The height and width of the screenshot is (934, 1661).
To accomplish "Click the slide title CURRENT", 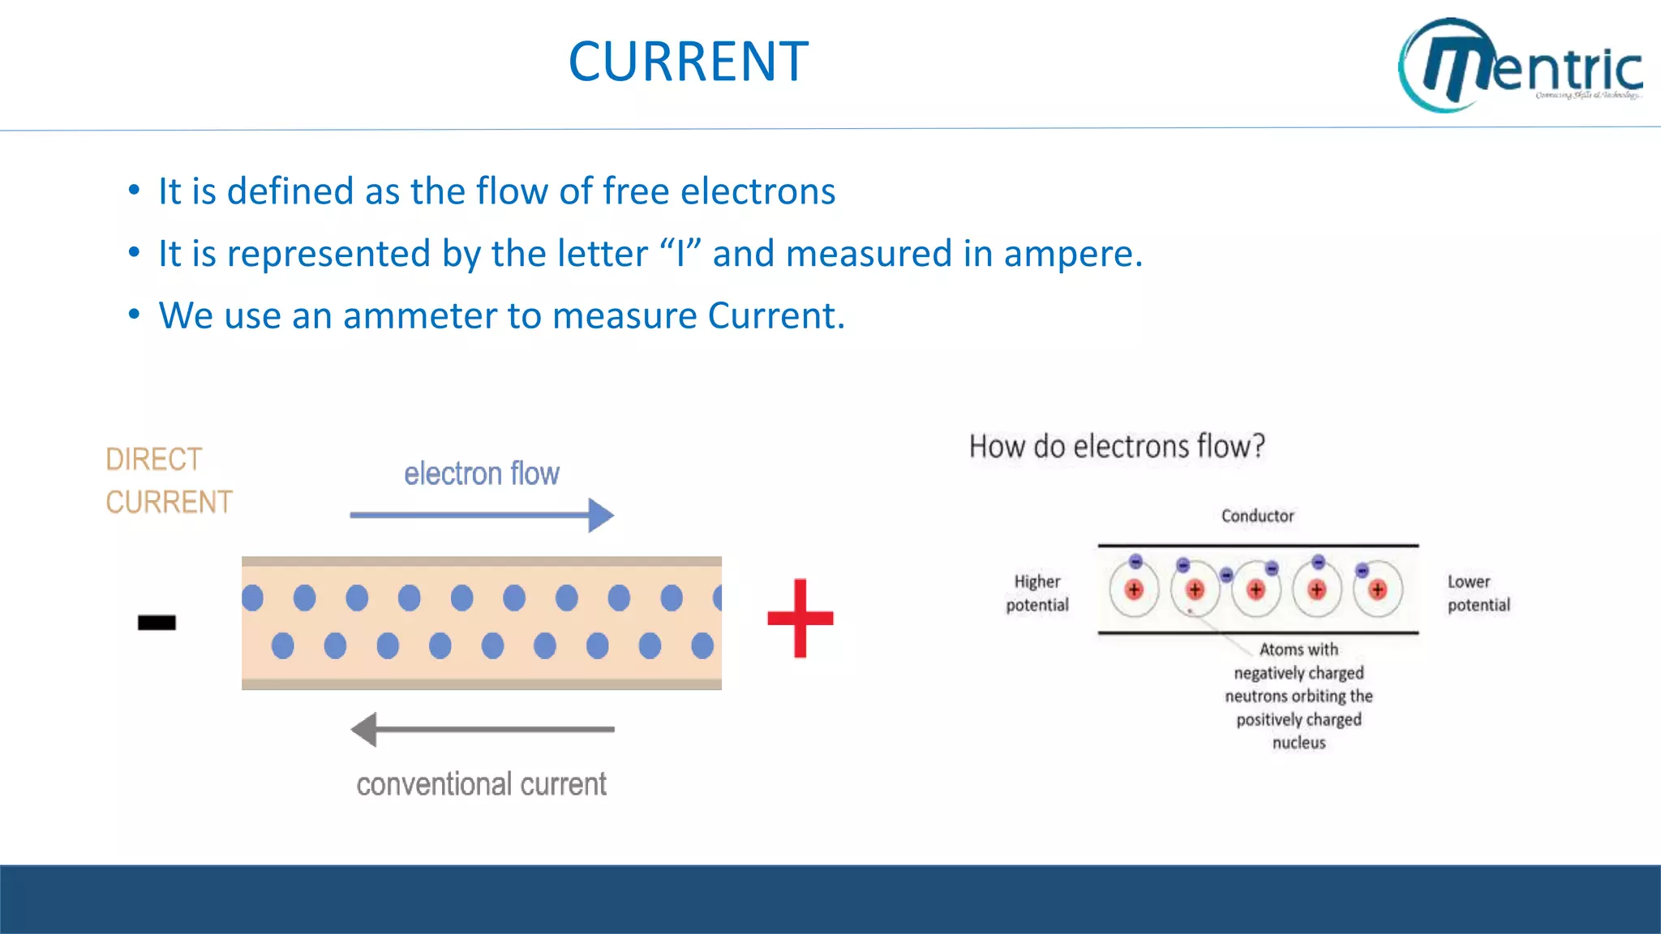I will pos(688,62).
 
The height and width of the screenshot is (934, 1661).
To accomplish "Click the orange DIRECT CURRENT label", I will pos(168,480).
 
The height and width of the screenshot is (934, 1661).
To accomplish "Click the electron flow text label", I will pos(482,473).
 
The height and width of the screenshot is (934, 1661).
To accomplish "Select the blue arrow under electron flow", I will pos(482,515).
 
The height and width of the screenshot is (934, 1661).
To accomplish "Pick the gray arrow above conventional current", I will pos(482,729).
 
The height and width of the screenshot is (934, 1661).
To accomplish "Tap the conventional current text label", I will pos(481,784).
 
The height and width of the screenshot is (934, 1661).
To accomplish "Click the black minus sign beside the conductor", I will pos(157,622).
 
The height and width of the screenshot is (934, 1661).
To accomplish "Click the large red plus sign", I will pos(800,618).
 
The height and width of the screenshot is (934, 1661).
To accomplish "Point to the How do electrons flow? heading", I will pos(1117,446).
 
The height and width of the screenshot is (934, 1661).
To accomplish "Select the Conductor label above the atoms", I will pos(1257,516).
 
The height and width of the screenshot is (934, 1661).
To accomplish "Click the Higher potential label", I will pos(1037,593).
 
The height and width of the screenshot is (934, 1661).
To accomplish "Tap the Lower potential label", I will pos(1478,593).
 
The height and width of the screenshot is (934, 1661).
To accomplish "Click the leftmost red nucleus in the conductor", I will pos(1134,589).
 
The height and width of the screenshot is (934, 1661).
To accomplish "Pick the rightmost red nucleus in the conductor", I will pos(1377,589).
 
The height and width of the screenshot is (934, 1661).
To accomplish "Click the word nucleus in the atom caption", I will pos(1298,743).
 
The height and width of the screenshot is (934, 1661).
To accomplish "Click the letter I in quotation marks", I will pos(680,254).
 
